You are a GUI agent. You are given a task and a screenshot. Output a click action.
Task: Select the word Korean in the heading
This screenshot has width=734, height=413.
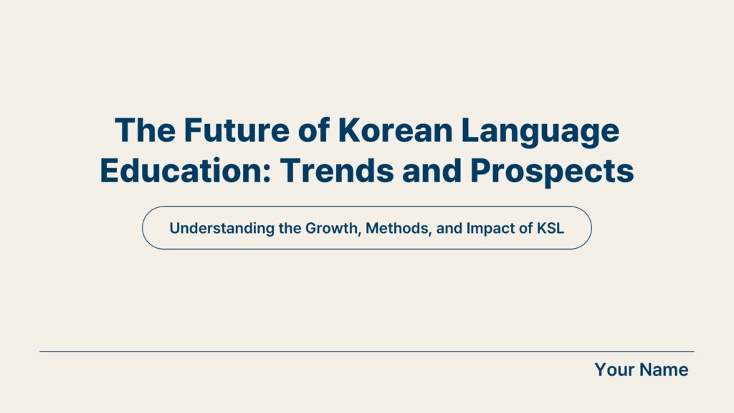tap(395, 130)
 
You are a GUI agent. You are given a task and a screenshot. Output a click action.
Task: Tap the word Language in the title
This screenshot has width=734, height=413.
tap(540, 133)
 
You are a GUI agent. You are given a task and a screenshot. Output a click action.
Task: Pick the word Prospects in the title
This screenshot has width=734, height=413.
tap(552, 173)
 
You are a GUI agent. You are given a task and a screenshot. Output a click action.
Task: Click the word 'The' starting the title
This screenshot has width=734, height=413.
tap(145, 130)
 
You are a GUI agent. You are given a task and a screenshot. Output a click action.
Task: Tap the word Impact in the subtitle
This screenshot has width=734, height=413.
tap(492, 229)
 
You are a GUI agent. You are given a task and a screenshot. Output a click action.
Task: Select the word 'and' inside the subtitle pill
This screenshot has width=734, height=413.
tap(449, 229)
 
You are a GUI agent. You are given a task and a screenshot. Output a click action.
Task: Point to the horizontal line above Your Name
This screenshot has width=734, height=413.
tap(367, 351)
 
